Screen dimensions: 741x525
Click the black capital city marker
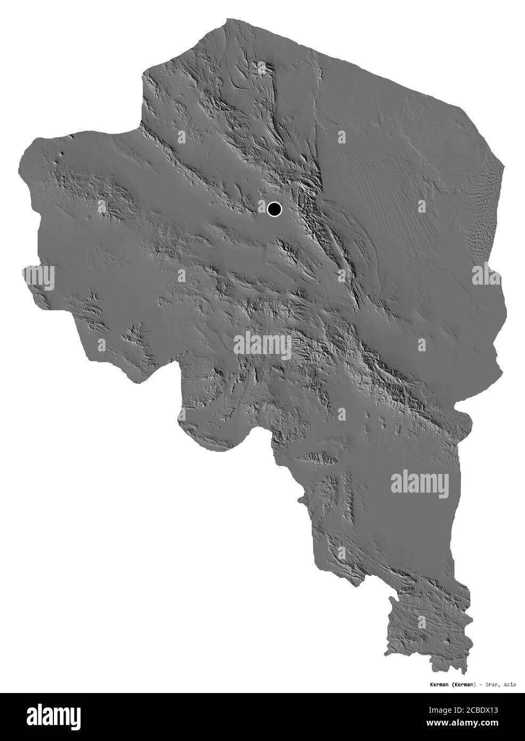pos(275,209)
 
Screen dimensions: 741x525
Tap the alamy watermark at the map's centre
pos(262,346)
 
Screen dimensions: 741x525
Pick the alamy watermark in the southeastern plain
pos(420,482)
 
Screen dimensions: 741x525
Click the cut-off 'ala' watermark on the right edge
pos(486,276)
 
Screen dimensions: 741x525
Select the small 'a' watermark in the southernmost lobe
pos(424,621)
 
